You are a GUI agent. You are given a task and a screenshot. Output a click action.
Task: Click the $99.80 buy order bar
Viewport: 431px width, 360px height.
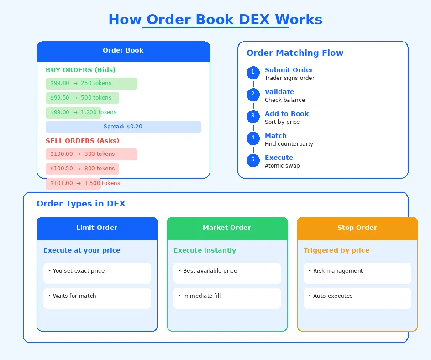pyautogui.click(x=91, y=84)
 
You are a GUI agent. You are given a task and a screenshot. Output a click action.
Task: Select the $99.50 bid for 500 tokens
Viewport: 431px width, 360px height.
pyautogui.click(x=82, y=98)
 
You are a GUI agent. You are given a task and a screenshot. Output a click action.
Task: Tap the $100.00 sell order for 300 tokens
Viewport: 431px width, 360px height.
pyautogui.click(x=91, y=154)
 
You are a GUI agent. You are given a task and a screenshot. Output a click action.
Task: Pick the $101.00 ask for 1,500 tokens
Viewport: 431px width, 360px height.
pyautogui.click(x=73, y=184)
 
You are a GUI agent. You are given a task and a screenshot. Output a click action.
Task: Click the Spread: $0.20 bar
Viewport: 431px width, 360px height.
pyautogui.click(x=123, y=127)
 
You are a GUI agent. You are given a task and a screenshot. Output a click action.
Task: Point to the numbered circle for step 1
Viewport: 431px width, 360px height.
pyautogui.click(x=253, y=73)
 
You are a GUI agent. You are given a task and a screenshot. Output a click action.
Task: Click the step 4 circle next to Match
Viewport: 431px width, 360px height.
pyautogui.click(x=253, y=138)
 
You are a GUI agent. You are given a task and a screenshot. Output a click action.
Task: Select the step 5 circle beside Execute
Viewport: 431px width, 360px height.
pyautogui.click(x=253, y=160)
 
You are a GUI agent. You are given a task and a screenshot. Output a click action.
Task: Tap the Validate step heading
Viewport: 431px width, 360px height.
pyautogui.click(x=279, y=92)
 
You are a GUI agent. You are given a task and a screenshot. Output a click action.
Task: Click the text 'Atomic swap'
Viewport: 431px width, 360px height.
pyautogui.click(x=282, y=166)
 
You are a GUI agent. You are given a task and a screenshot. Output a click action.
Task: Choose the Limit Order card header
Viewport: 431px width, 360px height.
pyautogui.click(x=97, y=228)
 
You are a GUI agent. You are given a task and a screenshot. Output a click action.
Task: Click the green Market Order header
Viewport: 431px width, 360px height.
pyautogui.click(x=227, y=228)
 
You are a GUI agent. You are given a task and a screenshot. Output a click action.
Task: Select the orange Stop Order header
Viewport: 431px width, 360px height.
pyautogui.click(x=357, y=228)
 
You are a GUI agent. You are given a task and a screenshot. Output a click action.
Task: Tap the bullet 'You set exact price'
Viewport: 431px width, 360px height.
pyautogui.click(x=97, y=273)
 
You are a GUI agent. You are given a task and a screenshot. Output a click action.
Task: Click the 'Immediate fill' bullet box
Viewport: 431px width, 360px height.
pyautogui.click(x=227, y=298)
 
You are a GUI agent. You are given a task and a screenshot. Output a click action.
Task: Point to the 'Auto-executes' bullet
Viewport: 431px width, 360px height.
pyautogui.click(x=357, y=298)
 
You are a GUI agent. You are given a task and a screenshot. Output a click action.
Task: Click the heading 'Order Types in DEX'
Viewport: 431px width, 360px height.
pyautogui.click(x=81, y=204)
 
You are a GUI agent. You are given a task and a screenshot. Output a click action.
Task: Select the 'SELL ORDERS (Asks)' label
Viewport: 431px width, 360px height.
pyautogui.click(x=82, y=141)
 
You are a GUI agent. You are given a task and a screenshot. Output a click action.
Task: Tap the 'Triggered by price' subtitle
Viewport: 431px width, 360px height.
pyautogui.click(x=336, y=250)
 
